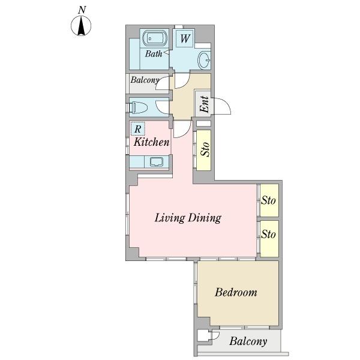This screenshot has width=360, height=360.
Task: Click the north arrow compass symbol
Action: [81, 26]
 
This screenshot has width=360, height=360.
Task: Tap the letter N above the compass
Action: [82, 10]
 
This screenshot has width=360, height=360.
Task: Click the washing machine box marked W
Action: [185, 38]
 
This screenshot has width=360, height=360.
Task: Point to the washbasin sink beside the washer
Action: [204, 60]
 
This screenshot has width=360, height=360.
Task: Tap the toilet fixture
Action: [138, 107]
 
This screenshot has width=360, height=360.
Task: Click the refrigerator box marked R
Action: [138, 129]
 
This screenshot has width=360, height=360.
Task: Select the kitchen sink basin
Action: [157, 161]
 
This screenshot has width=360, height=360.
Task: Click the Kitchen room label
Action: [152, 142]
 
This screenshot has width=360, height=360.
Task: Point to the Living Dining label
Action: [188, 218]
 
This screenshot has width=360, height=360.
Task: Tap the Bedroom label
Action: [236, 293]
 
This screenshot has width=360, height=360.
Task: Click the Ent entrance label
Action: [205, 104]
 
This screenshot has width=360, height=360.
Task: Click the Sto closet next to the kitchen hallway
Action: [203, 150]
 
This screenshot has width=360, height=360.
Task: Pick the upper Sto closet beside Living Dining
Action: [269, 200]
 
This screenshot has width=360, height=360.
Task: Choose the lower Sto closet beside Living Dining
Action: [269, 239]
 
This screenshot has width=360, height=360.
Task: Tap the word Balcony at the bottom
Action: [248, 341]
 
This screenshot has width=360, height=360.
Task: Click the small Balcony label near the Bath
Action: [145, 80]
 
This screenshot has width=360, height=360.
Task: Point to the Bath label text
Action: [154, 54]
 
